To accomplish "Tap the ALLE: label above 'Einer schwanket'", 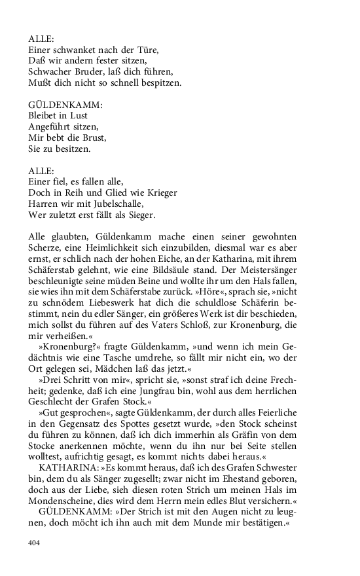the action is (42, 38).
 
